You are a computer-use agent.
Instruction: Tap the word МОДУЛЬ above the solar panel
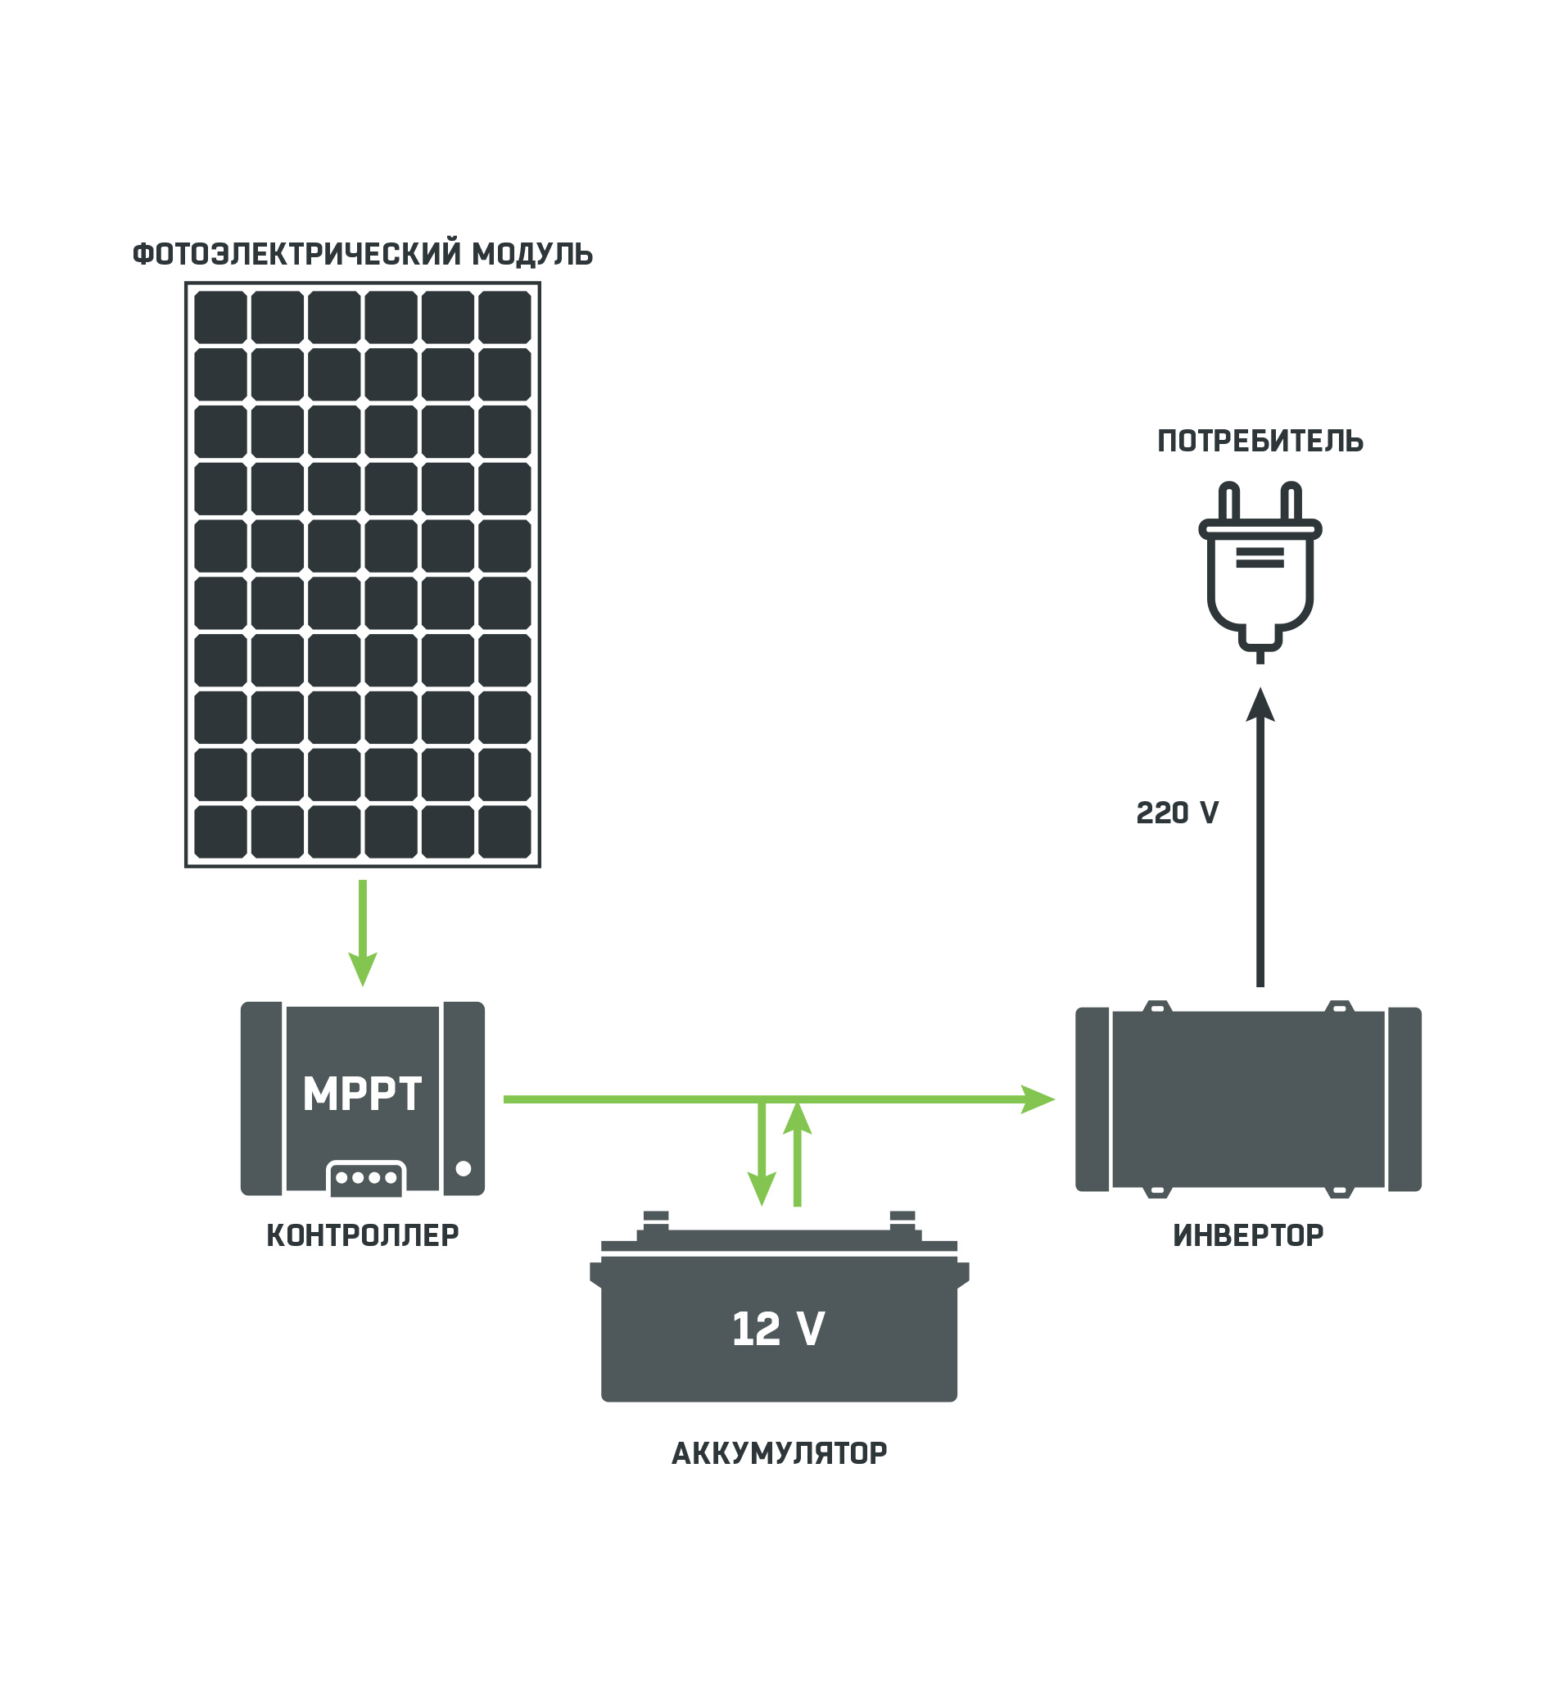click(x=532, y=255)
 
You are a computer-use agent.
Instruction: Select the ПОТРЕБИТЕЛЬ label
click(x=1260, y=442)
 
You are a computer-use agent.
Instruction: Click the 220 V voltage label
click(x=1177, y=813)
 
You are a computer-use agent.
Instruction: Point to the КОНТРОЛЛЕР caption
click(x=363, y=1236)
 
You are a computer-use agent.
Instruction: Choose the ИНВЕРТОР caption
click(x=1249, y=1236)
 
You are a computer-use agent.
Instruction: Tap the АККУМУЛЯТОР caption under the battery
click(x=780, y=1454)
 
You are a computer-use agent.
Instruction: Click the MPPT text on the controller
click(x=362, y=1094)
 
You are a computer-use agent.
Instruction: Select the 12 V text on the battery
click(x=779, y=1330)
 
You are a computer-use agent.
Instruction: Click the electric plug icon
click(x=1260, y=573)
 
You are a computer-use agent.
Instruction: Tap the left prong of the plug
click(x=1229, y=502)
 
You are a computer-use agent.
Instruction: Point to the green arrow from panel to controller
click(x=363, y=931)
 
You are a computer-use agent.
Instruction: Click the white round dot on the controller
click(x=464, y=1169)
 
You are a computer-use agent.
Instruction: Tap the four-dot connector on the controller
click(x=366, y=1178)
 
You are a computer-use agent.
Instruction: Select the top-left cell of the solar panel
click(x=221, y=317)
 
